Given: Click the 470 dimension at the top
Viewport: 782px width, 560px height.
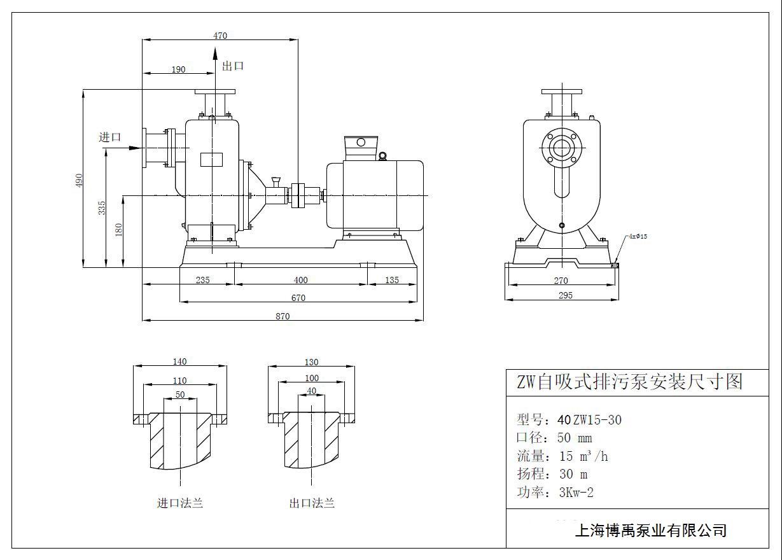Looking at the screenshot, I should click(x=220, y=36).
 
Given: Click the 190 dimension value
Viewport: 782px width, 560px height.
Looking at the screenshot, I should click(x=179, y=69).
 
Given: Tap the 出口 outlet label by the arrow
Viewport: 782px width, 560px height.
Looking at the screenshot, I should click(x=233, y=66).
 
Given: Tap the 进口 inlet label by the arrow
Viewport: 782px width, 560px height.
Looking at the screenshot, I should click(x=109, y=137).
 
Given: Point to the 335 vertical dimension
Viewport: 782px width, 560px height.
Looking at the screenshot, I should click(x=102, y=208).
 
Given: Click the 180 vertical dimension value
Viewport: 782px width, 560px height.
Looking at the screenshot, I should click(x=119, y=229).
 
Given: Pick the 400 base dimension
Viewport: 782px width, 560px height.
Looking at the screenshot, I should click(x=300, y=280).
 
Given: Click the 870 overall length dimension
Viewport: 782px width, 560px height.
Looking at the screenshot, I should click(x=283, y=316).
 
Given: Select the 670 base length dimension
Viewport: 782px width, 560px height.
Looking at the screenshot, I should click(x=298, y=298).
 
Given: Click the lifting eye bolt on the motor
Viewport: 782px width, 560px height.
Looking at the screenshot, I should click(x=382, y=156).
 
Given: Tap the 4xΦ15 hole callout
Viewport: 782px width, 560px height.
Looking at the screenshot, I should click(x=638, y=236).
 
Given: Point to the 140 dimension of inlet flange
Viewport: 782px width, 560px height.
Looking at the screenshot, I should click(x=179, y=361).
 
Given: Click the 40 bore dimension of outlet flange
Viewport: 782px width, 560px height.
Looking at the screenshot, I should click(x=311, y=391).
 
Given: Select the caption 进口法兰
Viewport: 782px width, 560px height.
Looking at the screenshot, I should click(x=180, y=503).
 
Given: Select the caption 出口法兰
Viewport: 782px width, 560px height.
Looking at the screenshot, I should click(x=312, y=503).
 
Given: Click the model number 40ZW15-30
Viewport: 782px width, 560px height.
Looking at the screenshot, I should click(x=589, y=420).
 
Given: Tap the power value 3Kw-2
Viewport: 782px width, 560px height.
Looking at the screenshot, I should click(x=576, y=492).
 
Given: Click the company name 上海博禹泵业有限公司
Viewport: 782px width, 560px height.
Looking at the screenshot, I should click(x=650, y=530).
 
